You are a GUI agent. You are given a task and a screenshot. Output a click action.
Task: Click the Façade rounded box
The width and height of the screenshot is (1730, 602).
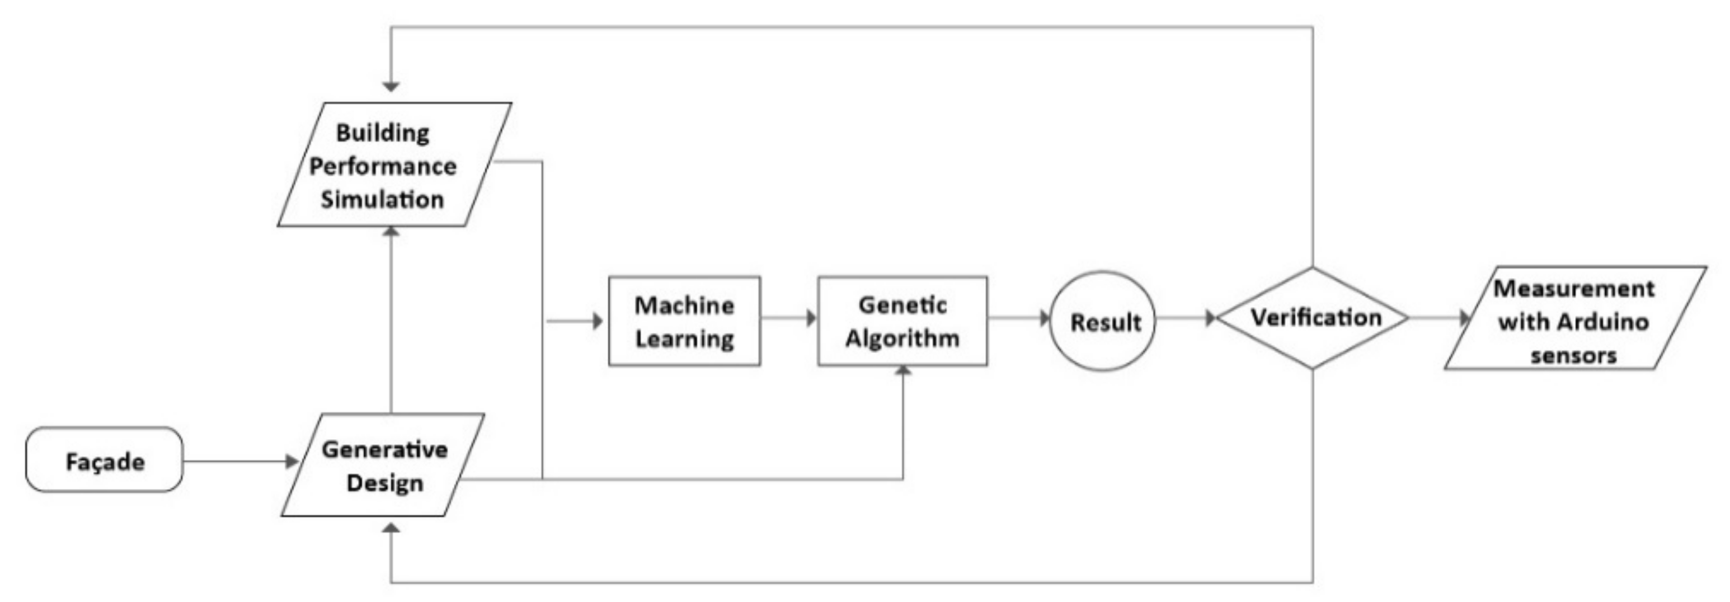point(104,460)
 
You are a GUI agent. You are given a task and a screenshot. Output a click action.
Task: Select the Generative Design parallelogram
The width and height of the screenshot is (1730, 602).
point(383,465)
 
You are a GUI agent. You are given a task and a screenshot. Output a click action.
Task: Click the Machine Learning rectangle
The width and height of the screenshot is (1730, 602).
point(684,321)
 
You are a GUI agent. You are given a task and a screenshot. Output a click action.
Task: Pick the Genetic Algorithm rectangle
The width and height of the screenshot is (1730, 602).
point(902,321)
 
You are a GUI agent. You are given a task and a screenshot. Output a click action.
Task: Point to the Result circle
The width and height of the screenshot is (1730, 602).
point(1102,321)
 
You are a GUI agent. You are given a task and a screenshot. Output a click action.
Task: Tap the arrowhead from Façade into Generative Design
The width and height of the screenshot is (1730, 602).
point(292,461)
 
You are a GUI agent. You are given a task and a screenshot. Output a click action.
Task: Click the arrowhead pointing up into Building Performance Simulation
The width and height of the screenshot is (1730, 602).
point(391,232)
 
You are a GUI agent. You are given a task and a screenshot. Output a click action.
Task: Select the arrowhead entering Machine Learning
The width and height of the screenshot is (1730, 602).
point(597,321)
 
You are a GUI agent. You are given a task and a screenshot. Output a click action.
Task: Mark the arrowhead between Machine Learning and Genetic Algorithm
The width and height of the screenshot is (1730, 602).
point(811,318)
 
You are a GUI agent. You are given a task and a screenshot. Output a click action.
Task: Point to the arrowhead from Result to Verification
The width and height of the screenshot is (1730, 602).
point(1210,318)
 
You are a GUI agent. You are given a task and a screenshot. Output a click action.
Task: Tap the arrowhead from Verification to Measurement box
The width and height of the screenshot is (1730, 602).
point(1465,318)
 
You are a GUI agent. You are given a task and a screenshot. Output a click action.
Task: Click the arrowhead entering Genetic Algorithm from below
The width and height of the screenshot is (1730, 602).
point(903,371)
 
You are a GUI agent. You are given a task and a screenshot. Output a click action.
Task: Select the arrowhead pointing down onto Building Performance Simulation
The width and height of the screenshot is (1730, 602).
point(391,87)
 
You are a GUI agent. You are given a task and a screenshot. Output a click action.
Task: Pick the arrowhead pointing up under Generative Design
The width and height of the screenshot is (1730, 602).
point(391,528)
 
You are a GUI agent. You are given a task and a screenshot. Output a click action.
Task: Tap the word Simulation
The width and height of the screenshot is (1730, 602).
point(382,200)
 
